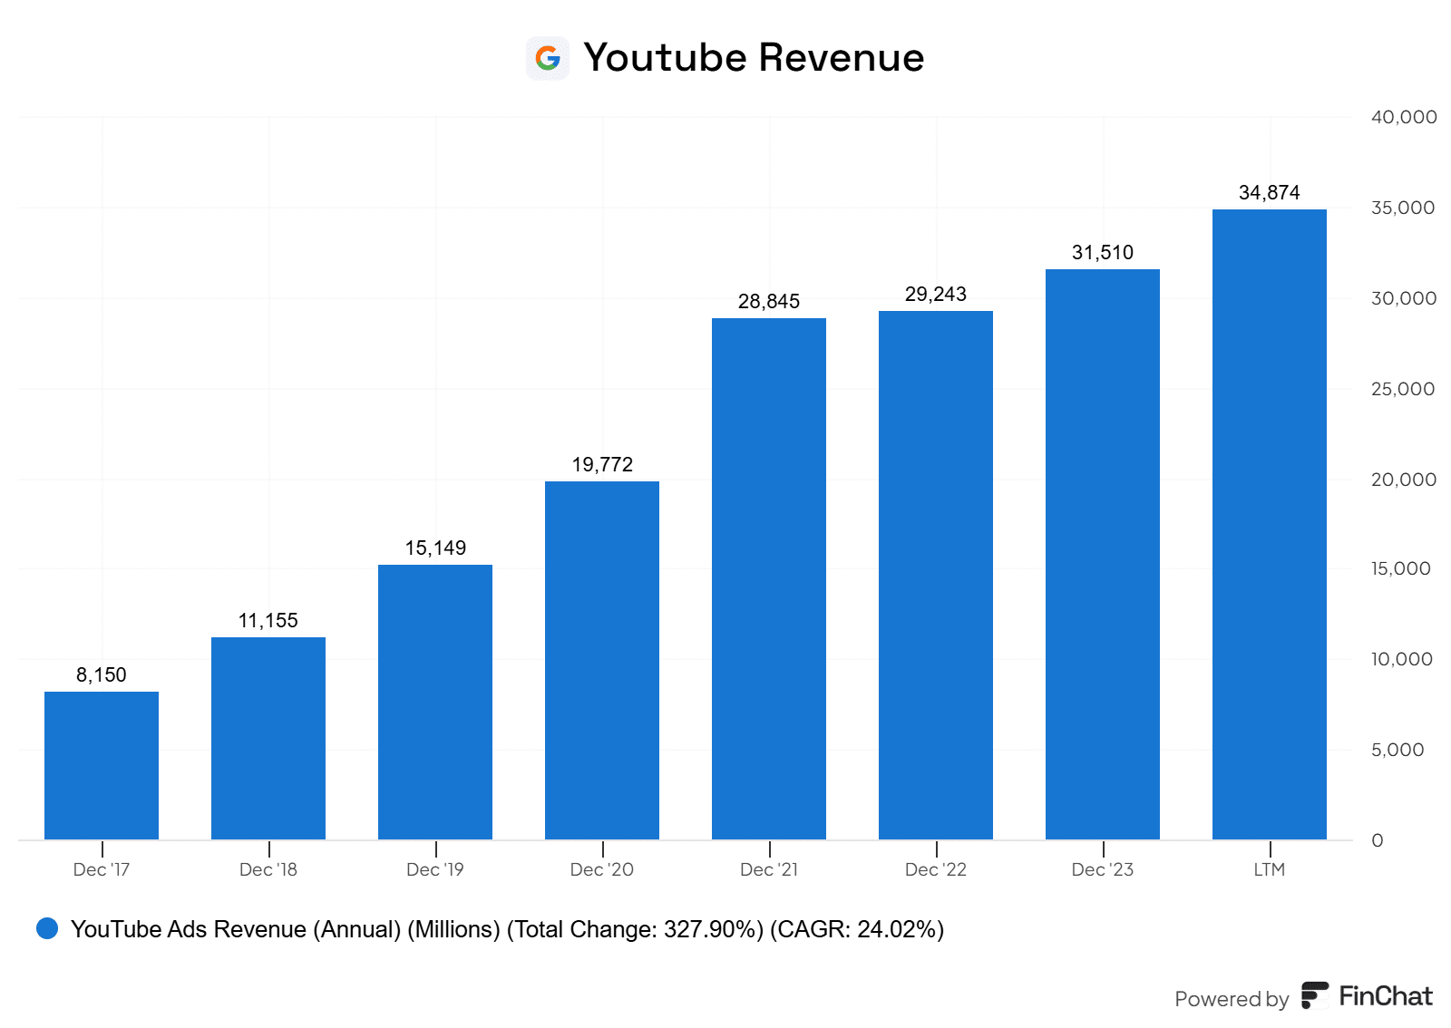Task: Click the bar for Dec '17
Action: [102, 765]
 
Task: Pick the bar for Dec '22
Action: [935, 575]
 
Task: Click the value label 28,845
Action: [769, 302]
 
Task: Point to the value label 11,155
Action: [268, 621]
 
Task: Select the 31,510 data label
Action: [1103, 253]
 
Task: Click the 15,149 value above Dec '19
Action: [435, 548]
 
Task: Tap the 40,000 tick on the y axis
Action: [1403, 117]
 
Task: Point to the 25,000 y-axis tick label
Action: [1403, 389]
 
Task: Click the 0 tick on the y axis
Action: [1378, 840]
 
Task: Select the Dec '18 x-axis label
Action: [268, 869]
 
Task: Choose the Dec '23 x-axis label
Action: [1103, 869]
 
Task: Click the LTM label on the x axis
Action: [1269, 869]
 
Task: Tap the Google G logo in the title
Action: [548, 58]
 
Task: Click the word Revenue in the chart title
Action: [841, 58]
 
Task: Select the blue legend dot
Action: [47, 928]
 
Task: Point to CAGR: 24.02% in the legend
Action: [856, 929]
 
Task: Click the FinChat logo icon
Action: [1314, 995]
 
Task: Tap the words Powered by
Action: [1232, 999]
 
